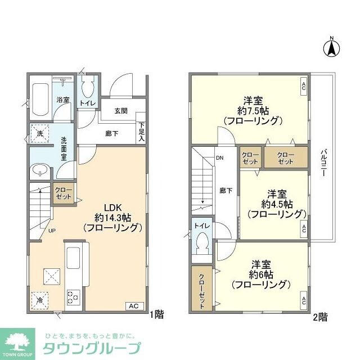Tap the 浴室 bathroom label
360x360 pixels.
(62, 100)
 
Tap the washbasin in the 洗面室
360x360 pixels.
(40, 170)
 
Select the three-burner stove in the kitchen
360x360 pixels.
(74, 296)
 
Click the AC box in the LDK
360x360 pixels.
(133, 306)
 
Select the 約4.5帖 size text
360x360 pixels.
(277, 203)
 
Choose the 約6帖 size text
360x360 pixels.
(263, 274)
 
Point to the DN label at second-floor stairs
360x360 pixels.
(219, 158)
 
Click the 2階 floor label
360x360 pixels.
(320, 317)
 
